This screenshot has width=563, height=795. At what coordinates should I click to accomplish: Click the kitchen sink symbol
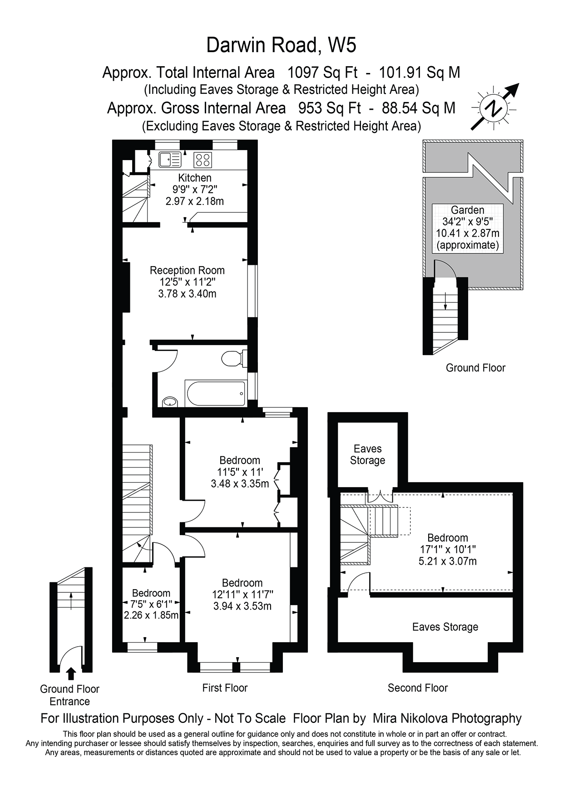(x=169, y=159)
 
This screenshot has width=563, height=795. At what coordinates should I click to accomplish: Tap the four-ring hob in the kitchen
(x=202, y=160)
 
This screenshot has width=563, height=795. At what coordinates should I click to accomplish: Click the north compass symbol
(x=494, y=109)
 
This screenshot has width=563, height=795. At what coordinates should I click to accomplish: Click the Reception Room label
(x=187, y=271)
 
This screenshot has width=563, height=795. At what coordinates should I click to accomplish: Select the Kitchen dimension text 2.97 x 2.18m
(x=194, y=201)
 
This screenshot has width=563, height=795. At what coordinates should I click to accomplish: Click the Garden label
(x=467, y=210)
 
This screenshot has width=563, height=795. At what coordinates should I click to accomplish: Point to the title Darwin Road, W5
(x=281, y=45)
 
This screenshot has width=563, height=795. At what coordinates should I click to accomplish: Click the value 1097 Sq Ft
(x=322, y=73)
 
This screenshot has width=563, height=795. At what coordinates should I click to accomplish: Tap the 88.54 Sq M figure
(x=419, y=108)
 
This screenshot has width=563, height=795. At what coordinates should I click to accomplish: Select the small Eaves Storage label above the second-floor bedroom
(x=367, y=454)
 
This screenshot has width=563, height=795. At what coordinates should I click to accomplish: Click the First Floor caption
(x=225, y=688)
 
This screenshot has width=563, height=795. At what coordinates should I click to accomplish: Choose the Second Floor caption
(x=417, y=688)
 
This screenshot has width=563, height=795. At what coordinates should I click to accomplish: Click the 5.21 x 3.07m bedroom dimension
(x=447, y=561)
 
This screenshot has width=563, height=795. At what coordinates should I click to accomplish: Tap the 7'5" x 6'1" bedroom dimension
(x=151, y=604)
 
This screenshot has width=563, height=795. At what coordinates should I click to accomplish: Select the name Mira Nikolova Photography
(x=447, y=718)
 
